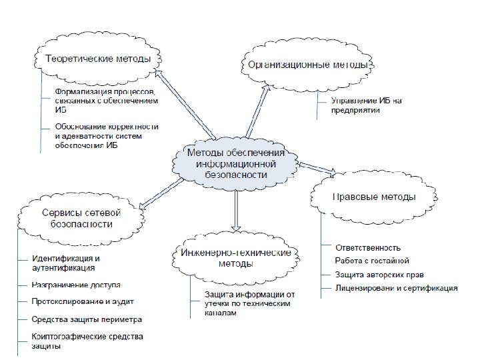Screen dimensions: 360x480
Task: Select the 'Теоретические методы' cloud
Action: (x=97, y=59)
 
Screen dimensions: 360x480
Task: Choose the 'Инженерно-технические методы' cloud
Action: (x=235, y=258)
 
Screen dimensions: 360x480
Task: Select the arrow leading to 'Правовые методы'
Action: (x=316, y=168)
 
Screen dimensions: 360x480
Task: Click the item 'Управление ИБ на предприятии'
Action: (x=366, y=105)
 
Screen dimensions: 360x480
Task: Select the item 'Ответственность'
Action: (x=367, y=248)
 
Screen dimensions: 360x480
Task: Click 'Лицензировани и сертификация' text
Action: (x=396, y=288)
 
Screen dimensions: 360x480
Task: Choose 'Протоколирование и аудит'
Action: (x=77, y=301)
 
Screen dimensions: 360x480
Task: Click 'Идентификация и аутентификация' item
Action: (x=66, y=263)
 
